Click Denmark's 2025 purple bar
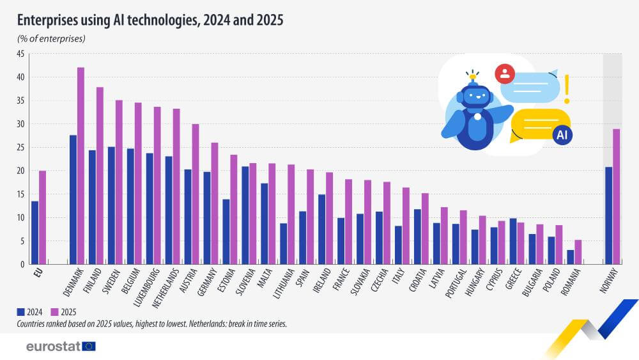coord(81,166)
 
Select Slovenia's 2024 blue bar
coord(245,215)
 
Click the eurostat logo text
coord(53,346)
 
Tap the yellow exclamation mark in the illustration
coord(566,89)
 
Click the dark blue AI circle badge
coord(562,135)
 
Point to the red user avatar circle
coord(505,74)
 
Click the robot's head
coord(473,97)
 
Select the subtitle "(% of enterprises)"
coord(51,39)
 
